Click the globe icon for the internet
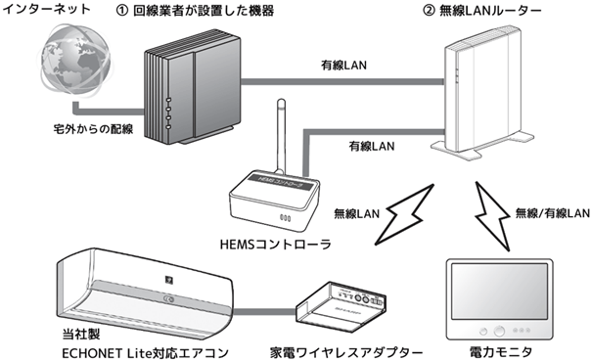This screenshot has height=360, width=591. pyautogui.click(x=76, y=61)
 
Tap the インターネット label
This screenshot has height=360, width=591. pyautogui.click(x=47, y=8)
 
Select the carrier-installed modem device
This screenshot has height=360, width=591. pyautogui.click(x=192, y=86)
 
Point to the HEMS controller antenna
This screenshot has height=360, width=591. pyautogui.click(x=281, y=136)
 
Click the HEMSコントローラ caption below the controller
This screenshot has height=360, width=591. pyautogui.click(x=276, y=245)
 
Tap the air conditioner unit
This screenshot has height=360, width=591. pyautogui.click(x=144, y=294)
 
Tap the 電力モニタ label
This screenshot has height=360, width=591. pyautogui.click(x=501, y=352)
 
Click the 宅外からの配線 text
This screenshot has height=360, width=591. pyautogui.click(x=93, y=129)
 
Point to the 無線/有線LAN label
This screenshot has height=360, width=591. pyautogui.click(x=552, y=213)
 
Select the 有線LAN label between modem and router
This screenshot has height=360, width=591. pyautogui.click(x=343, y=65)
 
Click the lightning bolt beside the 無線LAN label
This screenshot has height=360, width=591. pyautogui.click(x=404, y=213)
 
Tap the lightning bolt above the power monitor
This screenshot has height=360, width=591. pyautogui.click(x=493, y=216)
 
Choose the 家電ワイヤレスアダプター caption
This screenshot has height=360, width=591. pyautogui.click(x=346, y=352)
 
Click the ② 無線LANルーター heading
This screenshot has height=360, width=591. pyautogui.click(x=482, y=10)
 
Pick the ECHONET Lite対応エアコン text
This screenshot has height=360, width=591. pyautogui.click(x=145, y=353)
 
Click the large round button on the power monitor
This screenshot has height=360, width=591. pyautogui.click(x=499, y=332)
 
